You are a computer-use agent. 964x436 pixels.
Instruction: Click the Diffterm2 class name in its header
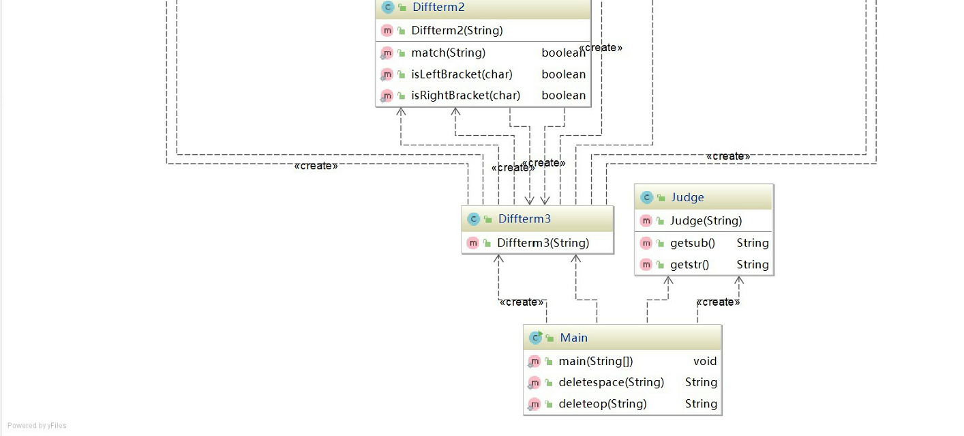pyautogui.click(x=438, y=8)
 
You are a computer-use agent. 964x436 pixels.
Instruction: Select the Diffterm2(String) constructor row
pyautogui.click(x=457, y=31)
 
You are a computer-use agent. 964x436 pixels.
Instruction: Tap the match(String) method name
pyautogui.click(x=448, y=53)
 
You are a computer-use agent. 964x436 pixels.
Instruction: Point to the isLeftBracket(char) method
pyautogui.click(x=462, y=74)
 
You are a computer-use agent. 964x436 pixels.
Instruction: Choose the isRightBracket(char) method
pyautogui.click(x=466, y=96)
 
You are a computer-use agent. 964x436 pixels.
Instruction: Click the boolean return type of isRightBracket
pyautogui.click(x=564, y=96)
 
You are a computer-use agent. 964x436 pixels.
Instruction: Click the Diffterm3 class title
pyautogui.click(x=524, y=219)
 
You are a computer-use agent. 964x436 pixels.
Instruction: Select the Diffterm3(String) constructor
pyautogui.click(x=543, y=243)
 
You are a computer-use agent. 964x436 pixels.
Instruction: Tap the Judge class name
pyautogui.click(x=687, y=197)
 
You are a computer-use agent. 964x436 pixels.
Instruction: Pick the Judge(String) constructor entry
pyautogui.click(x=706, y=221)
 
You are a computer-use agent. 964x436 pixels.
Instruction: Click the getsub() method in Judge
pyautogui.click(x=692, y=243)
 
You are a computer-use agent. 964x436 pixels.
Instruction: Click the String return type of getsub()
pyautogui.click(x=753, y=243)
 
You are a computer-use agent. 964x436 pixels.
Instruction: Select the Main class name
pyautogui.click(x=573, y=338)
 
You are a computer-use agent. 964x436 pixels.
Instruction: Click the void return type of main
pyautogui.click(x=705, y=362)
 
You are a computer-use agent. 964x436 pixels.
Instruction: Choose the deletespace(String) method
pyautogui.click(x=611, y=383)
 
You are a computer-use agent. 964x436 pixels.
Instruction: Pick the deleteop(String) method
pyautogui.click(x=603, y=404)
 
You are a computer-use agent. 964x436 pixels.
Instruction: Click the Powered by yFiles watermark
pyautogui.click(x=37, y=426)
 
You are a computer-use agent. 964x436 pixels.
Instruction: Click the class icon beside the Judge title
pyautogui.click(x=646, y=198)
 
